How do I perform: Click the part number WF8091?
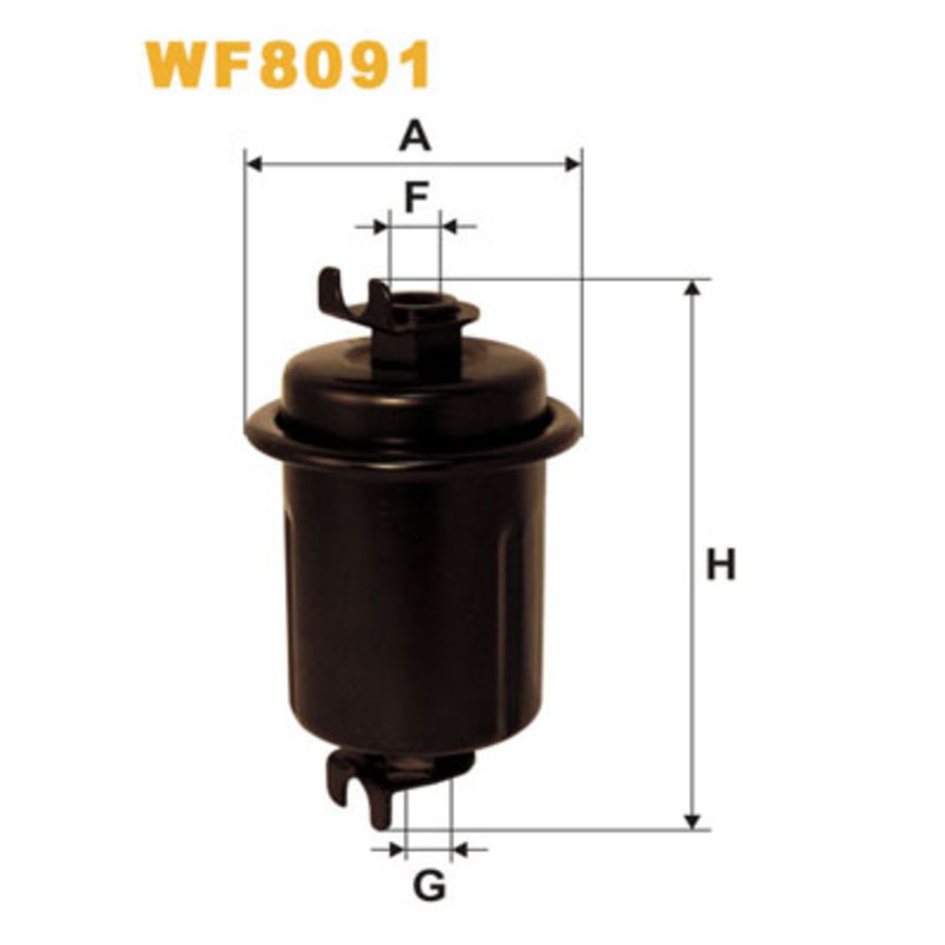(x=288, y=65)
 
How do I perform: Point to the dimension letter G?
(x=429, y=885)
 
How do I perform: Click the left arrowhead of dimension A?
(x=254, y=163)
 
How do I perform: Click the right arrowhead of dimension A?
(x=574, y=163)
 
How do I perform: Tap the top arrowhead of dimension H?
(x=693, y=288)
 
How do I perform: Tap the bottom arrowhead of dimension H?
(x=693, y=821)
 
